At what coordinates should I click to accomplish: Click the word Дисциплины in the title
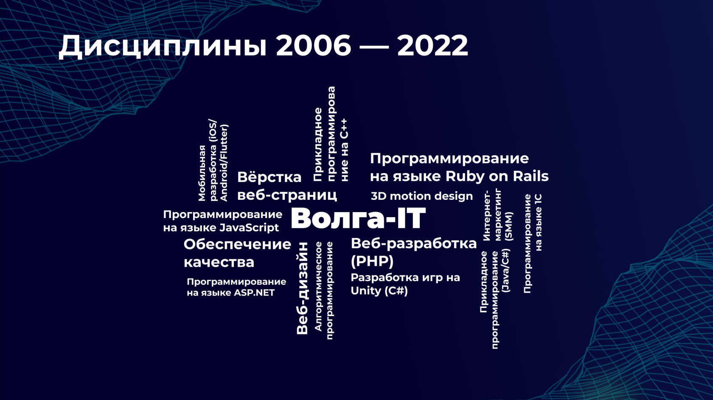click(163, 47)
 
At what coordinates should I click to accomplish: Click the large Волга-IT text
click(358, 218)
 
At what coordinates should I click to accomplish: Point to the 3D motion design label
click(422, 196)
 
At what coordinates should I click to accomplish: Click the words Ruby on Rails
click(497, 176)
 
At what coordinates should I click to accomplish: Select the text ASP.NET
click(254, 293)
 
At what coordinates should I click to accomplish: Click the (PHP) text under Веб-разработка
click(372, 261)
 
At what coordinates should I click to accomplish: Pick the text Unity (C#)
click(379, 291)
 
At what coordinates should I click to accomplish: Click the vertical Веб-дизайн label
click(302, 288)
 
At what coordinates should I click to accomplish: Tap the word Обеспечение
click(237, 245)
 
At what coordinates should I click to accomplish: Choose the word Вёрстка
click(269, 177)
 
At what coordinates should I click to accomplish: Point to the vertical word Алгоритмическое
click(318, 286)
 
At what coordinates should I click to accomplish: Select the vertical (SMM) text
click(508, 226)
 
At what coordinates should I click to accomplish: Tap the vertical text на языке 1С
click(539, 222)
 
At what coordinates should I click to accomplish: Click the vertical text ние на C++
click(344, 150)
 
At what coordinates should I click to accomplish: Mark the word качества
click(219, 263)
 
